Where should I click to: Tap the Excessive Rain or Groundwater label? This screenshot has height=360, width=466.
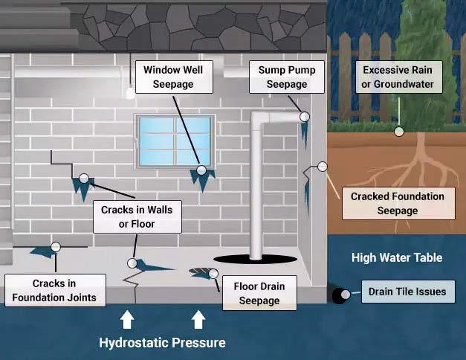click(x=398, y=77)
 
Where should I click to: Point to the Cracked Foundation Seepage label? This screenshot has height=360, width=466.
click(x=398, y=204)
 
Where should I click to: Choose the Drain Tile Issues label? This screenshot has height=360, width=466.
click(x=407, y=292)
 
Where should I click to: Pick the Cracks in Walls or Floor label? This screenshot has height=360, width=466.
click(x=136, y=216)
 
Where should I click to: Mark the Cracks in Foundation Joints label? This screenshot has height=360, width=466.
click(x=54, y=291)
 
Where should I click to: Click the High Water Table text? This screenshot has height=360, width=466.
click(x=397, y=258)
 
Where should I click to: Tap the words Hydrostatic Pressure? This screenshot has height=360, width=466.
click(x=163, y=343)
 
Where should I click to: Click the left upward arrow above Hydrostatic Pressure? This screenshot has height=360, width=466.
click(x=127, y=320)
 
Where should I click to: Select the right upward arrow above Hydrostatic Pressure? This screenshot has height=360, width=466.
click(x=198, y=320)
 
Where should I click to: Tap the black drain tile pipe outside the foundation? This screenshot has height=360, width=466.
click(x=341, y=295)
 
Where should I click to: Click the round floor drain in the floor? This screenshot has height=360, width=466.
click(x=197, y=272)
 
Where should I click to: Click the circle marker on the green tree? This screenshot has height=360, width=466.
click(x=399, y=132)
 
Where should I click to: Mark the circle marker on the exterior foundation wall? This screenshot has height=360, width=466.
click(x=322, y=167)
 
